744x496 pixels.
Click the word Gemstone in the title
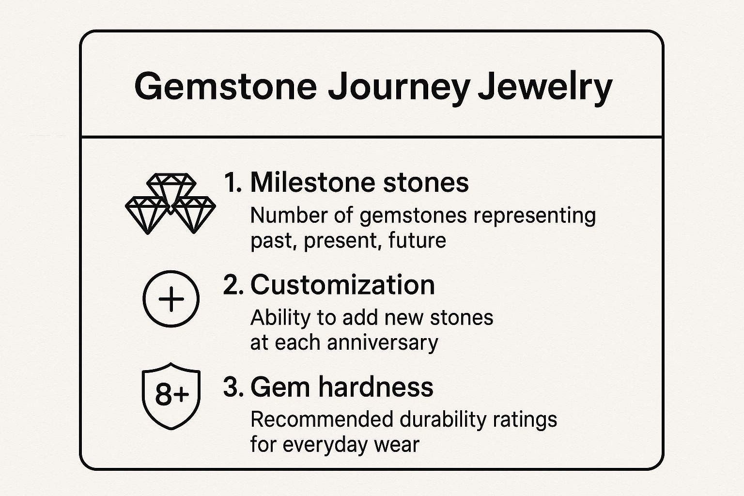tap(226, 86)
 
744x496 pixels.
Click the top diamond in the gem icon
tap(171, 191)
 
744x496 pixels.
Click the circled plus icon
tap(171, 299)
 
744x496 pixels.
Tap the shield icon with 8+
tap(171, 396)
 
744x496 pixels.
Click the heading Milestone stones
tap(359, 183)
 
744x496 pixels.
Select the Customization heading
tap(342, 285)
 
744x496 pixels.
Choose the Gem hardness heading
tap(342, 387)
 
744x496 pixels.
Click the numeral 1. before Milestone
tap(233, 183)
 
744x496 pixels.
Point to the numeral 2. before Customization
tap(233, 285)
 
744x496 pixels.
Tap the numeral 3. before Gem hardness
tap(233, 387)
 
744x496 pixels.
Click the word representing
tap(534, 217)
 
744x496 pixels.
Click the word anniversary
tap(383, 343)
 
